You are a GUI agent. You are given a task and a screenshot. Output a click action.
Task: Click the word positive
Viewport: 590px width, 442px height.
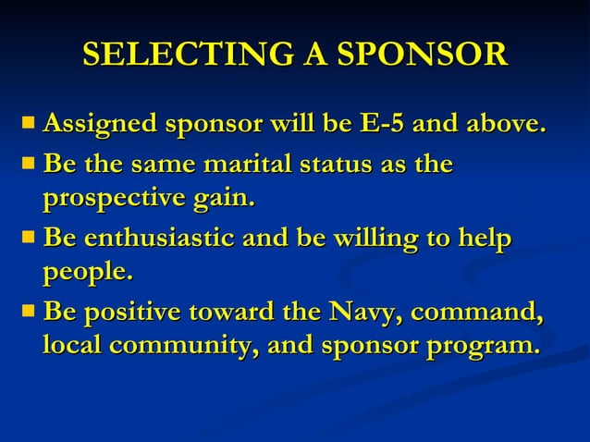click(131, 312)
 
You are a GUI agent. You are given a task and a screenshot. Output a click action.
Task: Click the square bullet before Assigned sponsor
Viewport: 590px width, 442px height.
click(30, 122)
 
